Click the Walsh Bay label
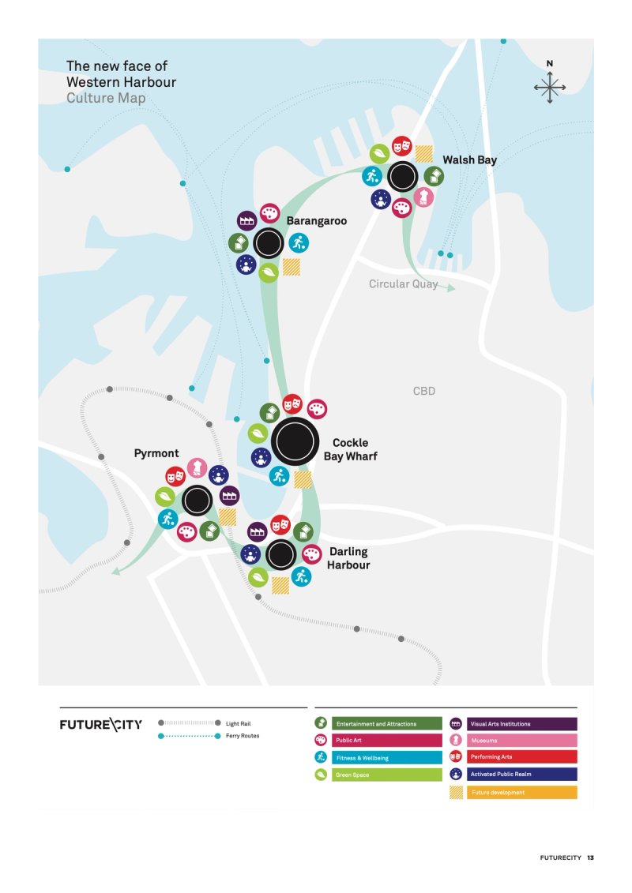click(469, 159)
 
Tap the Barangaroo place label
click(316, 221)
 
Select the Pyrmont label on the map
click(156, 453)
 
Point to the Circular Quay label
click(403, 283)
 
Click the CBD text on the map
click(424, 391)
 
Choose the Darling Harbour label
click(348, 558)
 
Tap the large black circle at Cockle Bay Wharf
click(295, 442)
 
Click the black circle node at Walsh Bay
click(403, 175)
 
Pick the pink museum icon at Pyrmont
click(197, 467)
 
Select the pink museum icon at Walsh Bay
click(424, 197)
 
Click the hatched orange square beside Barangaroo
click(292, 267)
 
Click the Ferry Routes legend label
click(243, 736)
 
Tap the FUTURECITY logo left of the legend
click(101, 725)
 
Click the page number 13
click(590, 857)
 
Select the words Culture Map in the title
click(106, 98)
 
